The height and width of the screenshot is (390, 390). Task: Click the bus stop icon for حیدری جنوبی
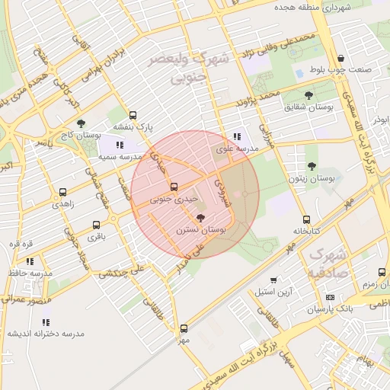[174, 187]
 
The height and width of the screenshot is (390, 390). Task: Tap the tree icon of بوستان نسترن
[200, 218]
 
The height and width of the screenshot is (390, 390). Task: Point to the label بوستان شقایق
[309, 108]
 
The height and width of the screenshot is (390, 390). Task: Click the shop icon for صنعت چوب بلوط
[340, 59]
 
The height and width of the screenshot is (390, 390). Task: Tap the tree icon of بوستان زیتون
[311, 166]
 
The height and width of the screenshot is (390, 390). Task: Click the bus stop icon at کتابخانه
[306, 219]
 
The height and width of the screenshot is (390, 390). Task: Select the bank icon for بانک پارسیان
[329, 297]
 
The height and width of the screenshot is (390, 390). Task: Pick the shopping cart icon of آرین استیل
[273, 280]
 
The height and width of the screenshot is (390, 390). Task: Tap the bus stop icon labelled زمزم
[382, 272]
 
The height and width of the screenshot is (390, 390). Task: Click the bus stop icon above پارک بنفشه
[133, 115]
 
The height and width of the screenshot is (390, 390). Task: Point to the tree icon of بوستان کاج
[82, 123]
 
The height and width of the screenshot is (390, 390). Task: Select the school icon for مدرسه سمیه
[120, 144]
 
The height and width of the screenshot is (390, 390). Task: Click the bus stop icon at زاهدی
[62, 193]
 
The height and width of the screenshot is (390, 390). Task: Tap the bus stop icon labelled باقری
[96, 225]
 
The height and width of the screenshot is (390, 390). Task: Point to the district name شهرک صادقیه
[328, 263]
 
